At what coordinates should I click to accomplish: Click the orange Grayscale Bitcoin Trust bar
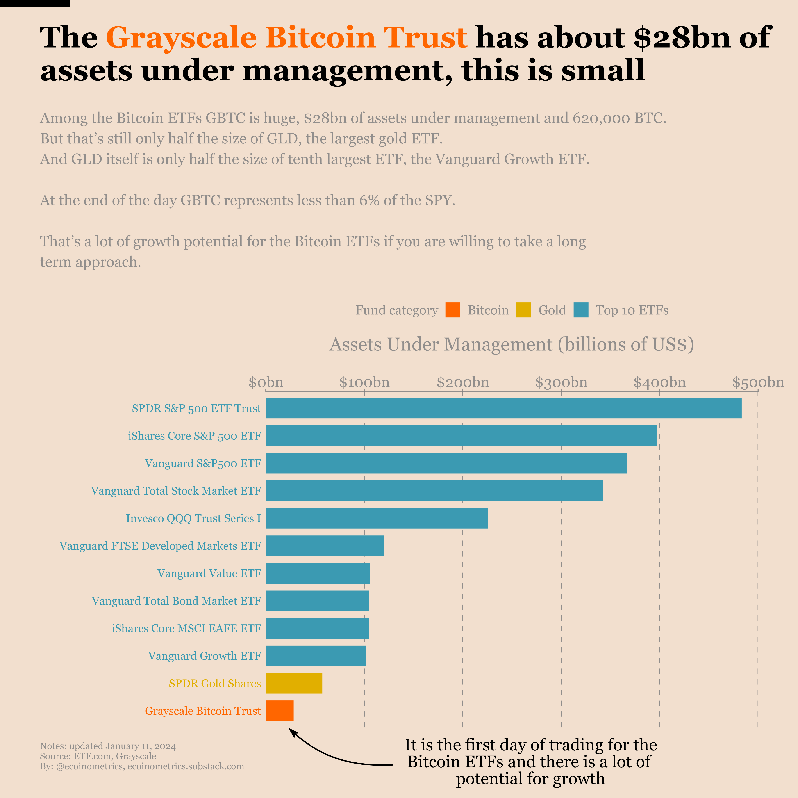[280, 711]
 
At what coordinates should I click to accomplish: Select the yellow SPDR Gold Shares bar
[294, 683]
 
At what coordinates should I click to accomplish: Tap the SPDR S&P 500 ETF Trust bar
[503, 408]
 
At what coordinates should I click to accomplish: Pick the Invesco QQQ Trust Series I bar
[377, 518]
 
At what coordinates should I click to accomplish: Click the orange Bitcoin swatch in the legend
[453, 310]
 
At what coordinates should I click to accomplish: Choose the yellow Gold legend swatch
[524, 310]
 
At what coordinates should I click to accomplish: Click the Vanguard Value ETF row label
[209, 573]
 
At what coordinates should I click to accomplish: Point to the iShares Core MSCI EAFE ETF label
[186, 628]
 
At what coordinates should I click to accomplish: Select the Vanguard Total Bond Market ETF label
[176, 601]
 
